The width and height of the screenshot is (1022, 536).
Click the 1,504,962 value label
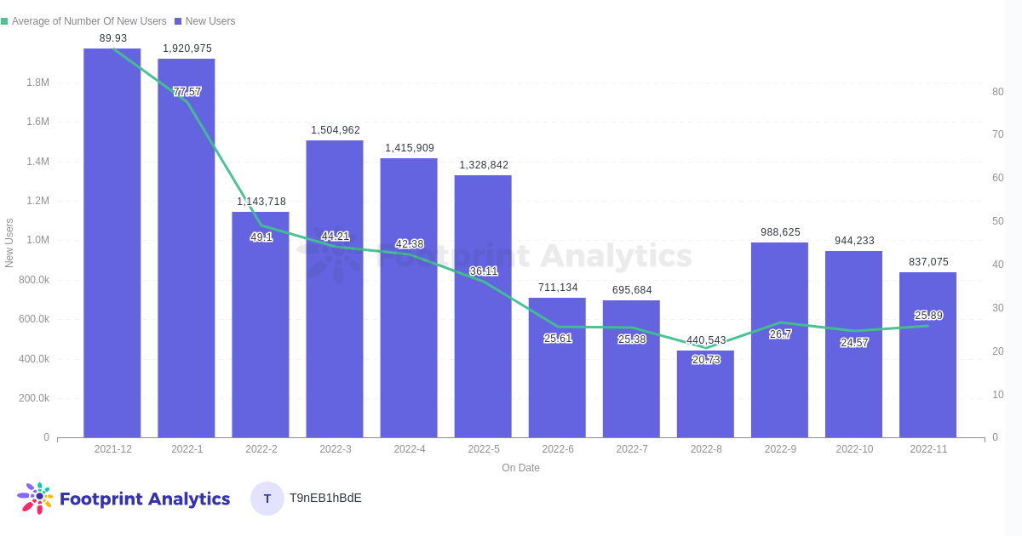tap(336, 130)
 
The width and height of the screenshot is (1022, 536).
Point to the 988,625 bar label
tap(780, 232)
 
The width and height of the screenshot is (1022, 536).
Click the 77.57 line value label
tap(187, 92)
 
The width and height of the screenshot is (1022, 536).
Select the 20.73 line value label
tap(706, 360)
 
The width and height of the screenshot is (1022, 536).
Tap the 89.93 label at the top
tap(113, 38)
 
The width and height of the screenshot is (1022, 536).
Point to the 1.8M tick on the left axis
tap(37, 83)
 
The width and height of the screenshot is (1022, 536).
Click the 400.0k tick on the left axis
tap(34, 359)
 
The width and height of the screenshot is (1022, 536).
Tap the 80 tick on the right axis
tap(997, 92)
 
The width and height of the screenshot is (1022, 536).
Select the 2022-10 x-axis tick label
tap(854, 449)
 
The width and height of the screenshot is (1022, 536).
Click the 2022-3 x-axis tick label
tap(336, 449)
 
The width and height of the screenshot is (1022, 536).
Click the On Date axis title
tap(520, 468)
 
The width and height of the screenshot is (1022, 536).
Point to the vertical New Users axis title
tap(9, 242)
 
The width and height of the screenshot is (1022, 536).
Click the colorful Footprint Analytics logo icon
tap(36, 498)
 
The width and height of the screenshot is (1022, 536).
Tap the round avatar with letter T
tap(267, 499)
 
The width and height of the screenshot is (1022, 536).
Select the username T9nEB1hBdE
tap(325, 498)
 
